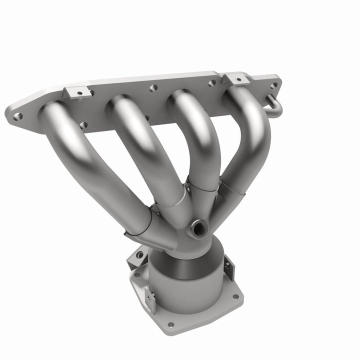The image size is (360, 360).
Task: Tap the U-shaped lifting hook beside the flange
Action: [274, 104]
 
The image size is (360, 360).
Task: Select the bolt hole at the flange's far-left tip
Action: [18, 116]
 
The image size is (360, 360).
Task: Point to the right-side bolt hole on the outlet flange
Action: [234, 296]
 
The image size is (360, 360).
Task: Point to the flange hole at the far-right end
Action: [273, 85]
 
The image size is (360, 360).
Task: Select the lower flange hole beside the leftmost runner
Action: [83, 125]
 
